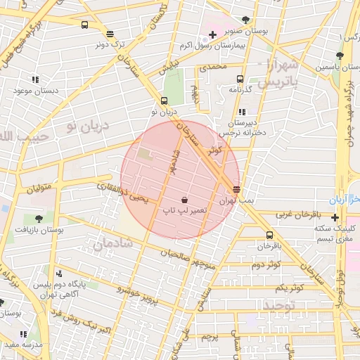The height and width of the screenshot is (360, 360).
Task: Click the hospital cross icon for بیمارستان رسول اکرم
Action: click(x=212, y=34)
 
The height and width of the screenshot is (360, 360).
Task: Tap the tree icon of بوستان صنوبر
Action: click(x=245, y=20)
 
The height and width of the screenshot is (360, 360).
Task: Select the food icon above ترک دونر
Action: click(x=110, y=33)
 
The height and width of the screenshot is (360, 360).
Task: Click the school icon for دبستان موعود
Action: click(x=36, y=79)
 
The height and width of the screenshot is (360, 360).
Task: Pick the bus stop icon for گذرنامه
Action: click(x=240, y=79)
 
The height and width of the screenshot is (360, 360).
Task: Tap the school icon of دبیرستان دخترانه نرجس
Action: click(x=243, y=112)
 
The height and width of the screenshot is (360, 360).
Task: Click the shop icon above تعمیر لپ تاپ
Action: click(x=184, y=200)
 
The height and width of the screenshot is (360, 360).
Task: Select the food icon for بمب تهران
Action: click(x=236, y=189)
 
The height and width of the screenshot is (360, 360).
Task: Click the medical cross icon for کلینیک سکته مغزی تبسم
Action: click(x=335, y=217)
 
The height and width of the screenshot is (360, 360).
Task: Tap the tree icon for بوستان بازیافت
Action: click(x=39, y=219)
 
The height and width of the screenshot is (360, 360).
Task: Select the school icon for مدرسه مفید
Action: click(x=23, y=334)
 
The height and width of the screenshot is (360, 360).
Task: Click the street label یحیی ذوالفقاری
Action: click(x=123, y=192)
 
